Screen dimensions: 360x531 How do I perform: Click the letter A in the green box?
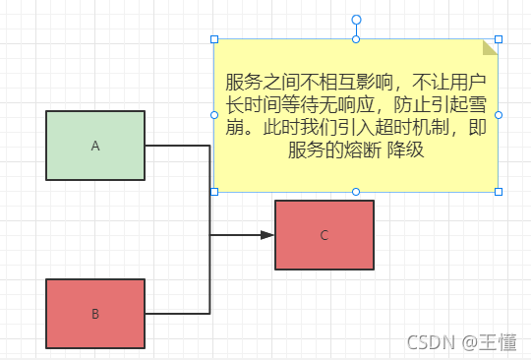[x=95, y=146]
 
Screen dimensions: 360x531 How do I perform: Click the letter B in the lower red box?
[x=95, y=314]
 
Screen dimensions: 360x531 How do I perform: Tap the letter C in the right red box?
[x=324, y=235]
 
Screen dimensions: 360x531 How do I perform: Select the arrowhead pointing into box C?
[x=266, y=235]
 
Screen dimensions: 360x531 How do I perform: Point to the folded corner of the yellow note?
[x=491, y=47]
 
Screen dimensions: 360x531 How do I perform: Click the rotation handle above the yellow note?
[x=356, y=20]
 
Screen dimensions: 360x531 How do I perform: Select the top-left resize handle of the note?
[x=214, y=39]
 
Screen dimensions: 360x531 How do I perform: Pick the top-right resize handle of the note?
[x=499, y=39]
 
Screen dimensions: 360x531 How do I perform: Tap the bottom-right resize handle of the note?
[x=499, y=191]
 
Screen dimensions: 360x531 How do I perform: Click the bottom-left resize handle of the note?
[x=214, y=191]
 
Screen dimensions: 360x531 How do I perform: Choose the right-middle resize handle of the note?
[x=499, y=115]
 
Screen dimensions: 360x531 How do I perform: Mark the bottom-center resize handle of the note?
[x=356, y=191]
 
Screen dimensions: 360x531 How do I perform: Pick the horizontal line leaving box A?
[x=177, y=146]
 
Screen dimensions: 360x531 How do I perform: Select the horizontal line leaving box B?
[x=177, y=313]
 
